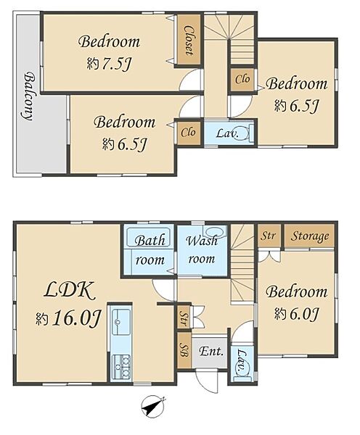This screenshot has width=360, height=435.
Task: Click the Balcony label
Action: pos(28,96)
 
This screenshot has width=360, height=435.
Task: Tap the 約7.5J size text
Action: pos(109,64)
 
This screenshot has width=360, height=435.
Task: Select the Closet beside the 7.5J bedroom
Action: pos(189,40)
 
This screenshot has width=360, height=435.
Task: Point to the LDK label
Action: pos(70,291)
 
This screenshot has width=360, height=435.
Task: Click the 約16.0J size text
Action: pos(68,318)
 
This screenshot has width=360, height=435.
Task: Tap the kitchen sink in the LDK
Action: pos(121,322)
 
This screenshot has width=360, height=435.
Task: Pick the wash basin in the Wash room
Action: pos(215,231)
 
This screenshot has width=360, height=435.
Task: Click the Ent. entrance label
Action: pos(211,352)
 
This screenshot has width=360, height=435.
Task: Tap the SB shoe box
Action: pos(184,351)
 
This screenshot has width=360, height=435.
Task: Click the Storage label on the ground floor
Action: pos(310,236)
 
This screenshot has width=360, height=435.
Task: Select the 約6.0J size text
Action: pos(296,314)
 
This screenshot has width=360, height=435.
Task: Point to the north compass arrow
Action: pos(152,406)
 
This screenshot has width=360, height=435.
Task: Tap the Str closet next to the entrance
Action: pos(184,317)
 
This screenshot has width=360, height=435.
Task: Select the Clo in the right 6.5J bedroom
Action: pos(242,79)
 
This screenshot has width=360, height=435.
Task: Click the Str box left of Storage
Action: pos(269,236)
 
